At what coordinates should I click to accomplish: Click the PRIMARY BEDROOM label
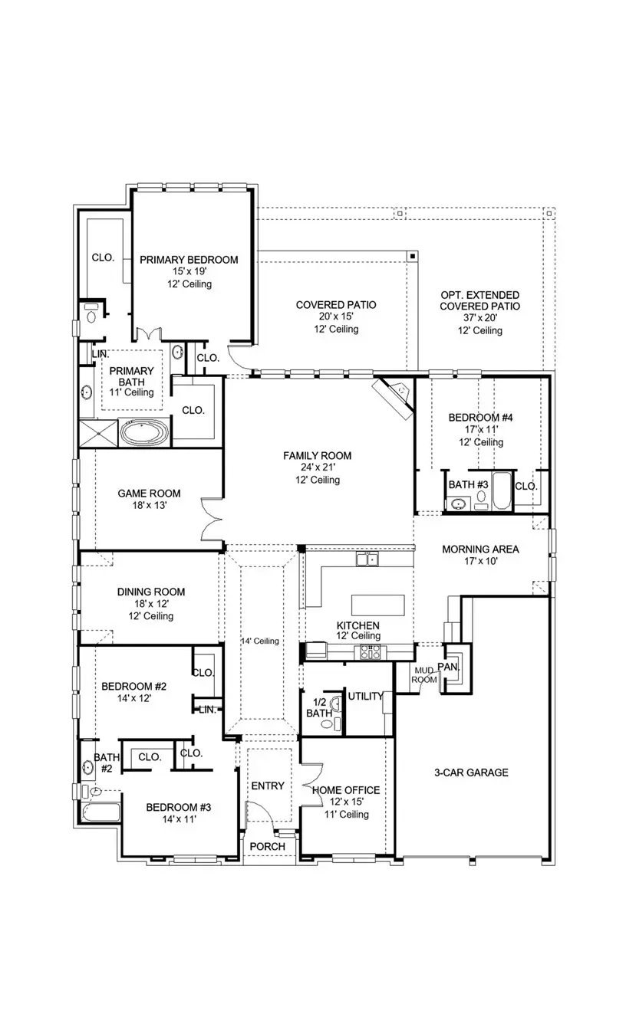coord(189,260)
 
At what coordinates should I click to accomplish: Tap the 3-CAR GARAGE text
coord(471,772)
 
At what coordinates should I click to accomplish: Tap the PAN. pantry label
coord(448,667)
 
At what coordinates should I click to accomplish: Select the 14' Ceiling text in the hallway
coord(259,641)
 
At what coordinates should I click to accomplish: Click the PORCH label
coord(268,846)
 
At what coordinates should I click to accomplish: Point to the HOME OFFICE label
coord(345,790)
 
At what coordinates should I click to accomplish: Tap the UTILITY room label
coord(365,696)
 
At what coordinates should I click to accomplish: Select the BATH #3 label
coord(468,484)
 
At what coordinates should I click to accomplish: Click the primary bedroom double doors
coord(147,336)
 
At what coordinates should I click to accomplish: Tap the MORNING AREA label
coord(480,549)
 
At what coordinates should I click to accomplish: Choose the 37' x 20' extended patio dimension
coord(479,318)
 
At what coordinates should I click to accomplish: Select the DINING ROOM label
coord(151,592)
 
